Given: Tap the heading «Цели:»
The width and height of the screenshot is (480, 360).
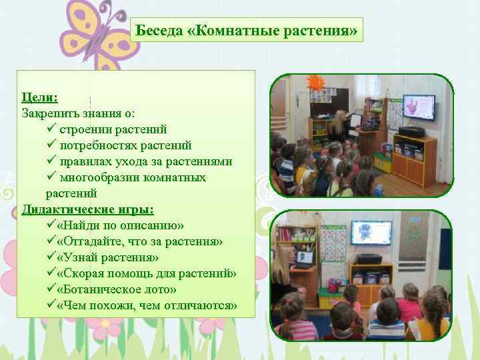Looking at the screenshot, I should (39, 97).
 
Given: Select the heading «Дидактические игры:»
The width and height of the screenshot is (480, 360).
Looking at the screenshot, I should (87, 209).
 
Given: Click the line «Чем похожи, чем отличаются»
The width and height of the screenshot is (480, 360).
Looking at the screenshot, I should (147, 305).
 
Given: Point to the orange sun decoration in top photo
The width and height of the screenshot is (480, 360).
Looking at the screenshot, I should (315, 84).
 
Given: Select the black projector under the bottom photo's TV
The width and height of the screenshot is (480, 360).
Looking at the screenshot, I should (369, 259).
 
